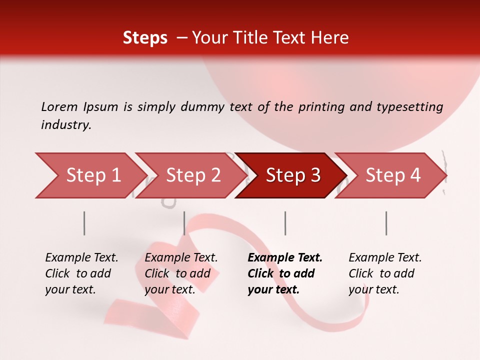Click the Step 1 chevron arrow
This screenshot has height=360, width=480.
90,175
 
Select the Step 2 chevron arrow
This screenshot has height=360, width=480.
190,175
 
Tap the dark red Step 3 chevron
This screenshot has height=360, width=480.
290,175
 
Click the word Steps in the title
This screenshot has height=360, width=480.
145,38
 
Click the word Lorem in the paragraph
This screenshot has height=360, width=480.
59,106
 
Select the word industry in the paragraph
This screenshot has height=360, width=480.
65,125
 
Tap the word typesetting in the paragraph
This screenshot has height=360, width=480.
409,106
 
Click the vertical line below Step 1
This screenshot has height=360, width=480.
84,223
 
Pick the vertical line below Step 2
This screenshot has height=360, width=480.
184,223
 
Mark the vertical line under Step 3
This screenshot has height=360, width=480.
285,223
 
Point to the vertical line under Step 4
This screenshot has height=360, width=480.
386,223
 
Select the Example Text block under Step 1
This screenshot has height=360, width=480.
81,273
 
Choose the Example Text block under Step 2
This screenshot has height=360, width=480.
181,273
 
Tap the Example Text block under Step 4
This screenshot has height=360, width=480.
385,273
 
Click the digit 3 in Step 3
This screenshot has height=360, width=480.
315,175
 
